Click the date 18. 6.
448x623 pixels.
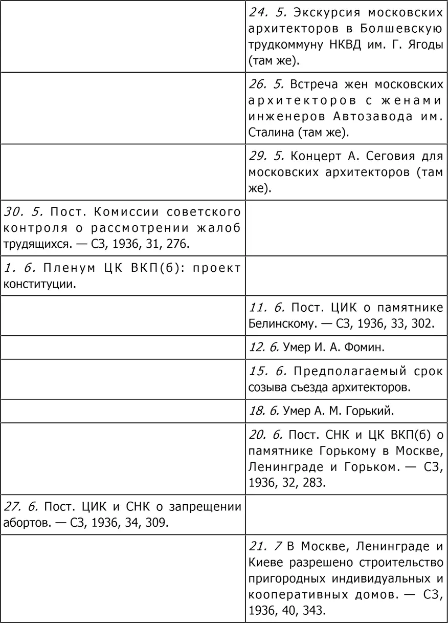(x=264, y=411)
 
